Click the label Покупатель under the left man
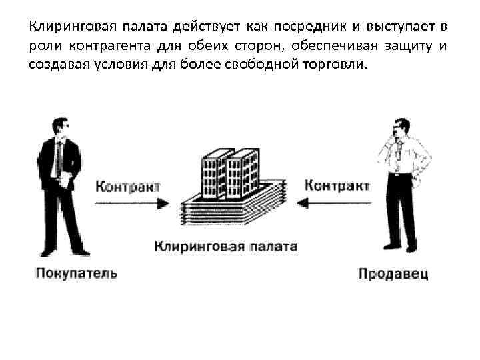tap(76, 273)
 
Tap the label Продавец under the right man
tap(393, 273)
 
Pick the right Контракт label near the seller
tap(337, 185)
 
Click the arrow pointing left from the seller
tap(333, 204)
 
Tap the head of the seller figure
tap(401, 126)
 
